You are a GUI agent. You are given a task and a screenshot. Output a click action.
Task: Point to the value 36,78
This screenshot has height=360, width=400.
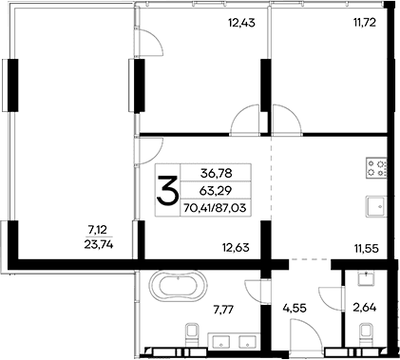[x=217, y=173]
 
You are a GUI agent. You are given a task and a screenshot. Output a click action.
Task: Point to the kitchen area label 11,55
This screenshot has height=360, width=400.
[x=365, y=250]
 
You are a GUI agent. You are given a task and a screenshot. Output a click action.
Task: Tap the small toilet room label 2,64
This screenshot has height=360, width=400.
[x=365, y=309]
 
